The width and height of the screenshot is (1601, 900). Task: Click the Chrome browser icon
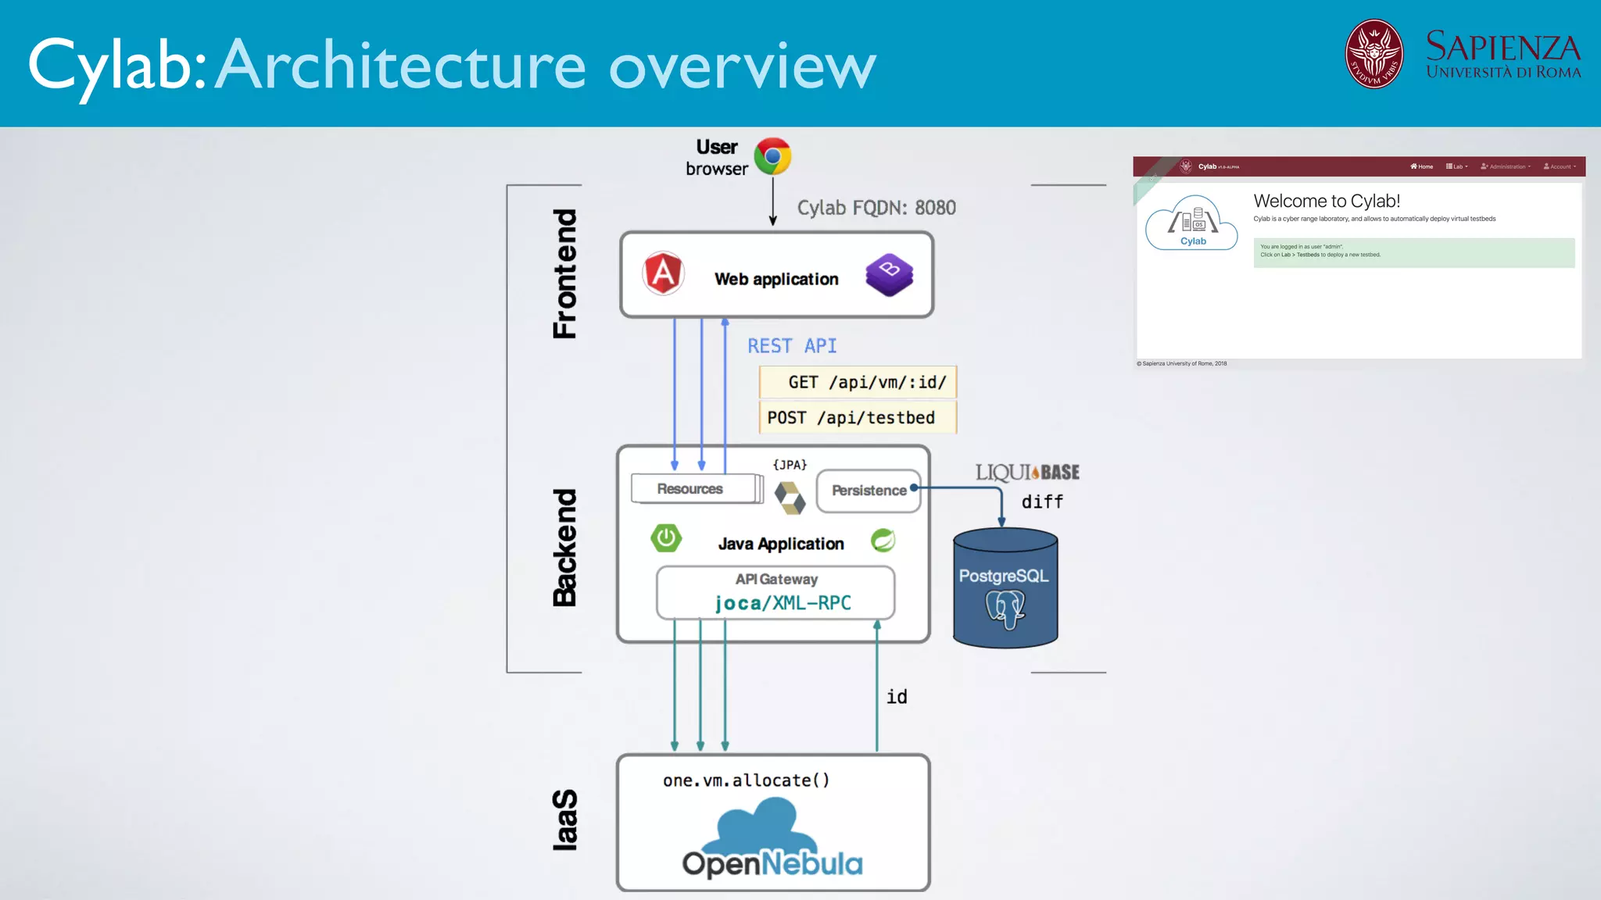(772, 156)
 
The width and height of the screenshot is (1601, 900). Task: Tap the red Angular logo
(663, 273)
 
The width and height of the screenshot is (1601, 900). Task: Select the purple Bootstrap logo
(890, 274)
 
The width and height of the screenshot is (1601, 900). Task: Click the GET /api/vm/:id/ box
(858, 382)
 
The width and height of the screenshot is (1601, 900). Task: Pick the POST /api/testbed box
(858, 417)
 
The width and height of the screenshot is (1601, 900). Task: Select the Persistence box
(869, 491)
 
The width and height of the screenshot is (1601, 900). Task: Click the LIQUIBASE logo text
(1027, 473)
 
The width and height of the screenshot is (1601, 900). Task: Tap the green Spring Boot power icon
(666, 538)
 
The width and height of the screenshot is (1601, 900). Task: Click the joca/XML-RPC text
(783, 603)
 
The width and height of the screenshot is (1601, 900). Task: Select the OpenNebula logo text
(772, 863)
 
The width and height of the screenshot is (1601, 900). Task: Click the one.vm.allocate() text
(746, 780)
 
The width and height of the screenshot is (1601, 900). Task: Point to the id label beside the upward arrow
(897, 697)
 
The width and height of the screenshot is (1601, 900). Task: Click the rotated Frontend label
(564, 273)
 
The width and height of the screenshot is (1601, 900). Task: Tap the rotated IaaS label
(564, 820)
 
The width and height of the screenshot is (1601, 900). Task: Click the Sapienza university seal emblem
(1374, 54)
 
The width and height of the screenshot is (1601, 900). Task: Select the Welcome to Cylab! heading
(1327, 202)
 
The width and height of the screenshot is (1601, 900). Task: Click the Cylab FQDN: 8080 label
(876, 208)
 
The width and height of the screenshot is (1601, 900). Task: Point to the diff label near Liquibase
(1042, 502)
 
